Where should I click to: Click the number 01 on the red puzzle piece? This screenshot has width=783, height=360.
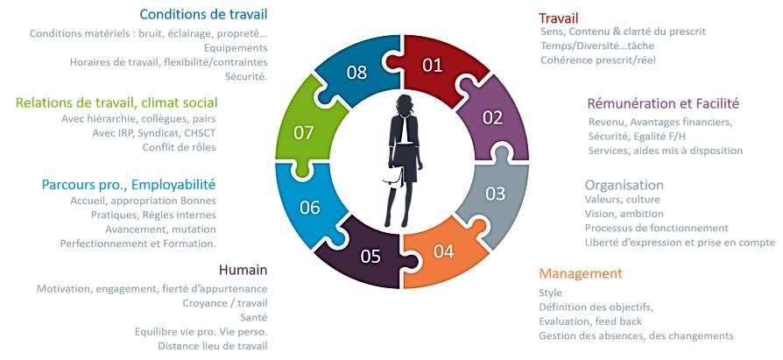(x=433, y=65)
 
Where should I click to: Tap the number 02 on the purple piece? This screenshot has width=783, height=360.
(x=492, y=117)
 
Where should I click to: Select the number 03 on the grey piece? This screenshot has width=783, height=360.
(x=495, y=194)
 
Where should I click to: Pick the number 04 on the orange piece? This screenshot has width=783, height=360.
(x=443, y=251)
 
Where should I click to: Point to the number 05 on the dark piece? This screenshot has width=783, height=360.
(x=370, y=256)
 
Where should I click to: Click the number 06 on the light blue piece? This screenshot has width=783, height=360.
(x=309, y=208)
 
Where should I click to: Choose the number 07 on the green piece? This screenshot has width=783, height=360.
(x=304, y=133)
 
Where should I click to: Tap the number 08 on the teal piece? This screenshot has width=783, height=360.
(x=357, y=73)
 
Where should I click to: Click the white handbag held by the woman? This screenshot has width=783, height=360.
(x=393, y=177)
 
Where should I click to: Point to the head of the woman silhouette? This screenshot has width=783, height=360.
(x=404, y=104)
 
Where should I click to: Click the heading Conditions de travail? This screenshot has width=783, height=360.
(x=203, y=14)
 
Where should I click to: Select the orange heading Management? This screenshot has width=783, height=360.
(x=581, y=273)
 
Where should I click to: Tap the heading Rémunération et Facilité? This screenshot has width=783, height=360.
(x=663, y=103)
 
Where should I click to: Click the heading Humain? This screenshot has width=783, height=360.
(x=243, y=270)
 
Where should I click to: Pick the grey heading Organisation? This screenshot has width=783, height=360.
(x=624, y=185)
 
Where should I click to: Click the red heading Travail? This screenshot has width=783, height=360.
(x=558, y=18)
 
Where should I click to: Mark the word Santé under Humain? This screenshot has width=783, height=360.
(x=254, y=317)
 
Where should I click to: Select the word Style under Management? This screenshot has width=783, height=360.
(x=550, y=293)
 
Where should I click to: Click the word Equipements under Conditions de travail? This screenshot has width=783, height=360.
(x=236, y=48)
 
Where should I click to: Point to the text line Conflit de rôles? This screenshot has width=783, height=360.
(x=180, y=147)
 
